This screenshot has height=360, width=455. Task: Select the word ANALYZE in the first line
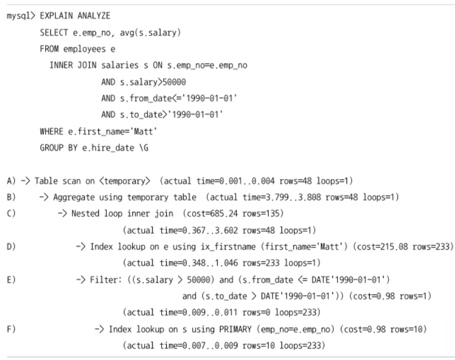pos(94,16)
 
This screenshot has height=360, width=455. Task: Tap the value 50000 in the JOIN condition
pos(174,82)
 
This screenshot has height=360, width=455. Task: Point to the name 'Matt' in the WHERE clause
pos(145,132)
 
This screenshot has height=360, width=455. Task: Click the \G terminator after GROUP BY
pos(144,148)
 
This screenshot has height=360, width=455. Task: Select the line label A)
pos(11,181)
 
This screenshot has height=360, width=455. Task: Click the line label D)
pos(11,246)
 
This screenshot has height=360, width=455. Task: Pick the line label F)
pos(11,329)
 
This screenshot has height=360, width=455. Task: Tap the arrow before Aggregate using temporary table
pos(44,197)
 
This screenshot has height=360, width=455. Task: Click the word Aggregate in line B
pos(73,198)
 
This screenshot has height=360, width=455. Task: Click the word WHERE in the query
pos(51,132)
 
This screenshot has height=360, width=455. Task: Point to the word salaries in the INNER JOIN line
pos(120,65)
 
